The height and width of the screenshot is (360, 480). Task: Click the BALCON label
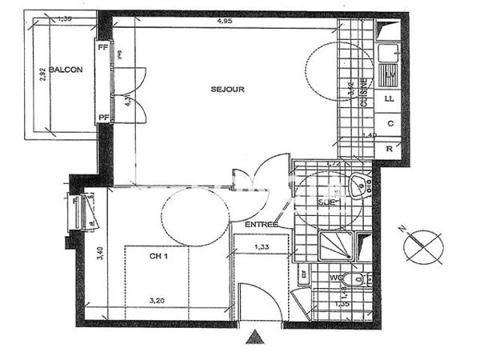point(66,70)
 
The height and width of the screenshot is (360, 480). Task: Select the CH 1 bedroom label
point(158,258)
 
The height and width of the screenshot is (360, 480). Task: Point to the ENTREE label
point(261,224)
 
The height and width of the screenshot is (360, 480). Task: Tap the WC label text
point(336,278)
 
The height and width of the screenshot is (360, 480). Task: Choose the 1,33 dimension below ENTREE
point(260,247)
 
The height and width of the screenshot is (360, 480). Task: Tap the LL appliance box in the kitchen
point(390,99)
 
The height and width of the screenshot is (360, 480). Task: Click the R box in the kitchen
point(390,149)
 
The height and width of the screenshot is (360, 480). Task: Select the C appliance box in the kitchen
point(390,124)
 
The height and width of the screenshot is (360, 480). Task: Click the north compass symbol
point(423,245)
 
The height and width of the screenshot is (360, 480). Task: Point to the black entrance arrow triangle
point(255,336)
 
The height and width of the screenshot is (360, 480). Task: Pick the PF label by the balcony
point(102,118)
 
